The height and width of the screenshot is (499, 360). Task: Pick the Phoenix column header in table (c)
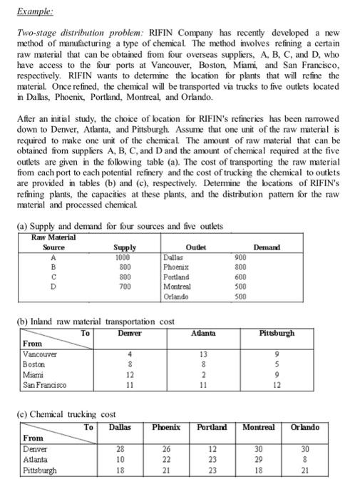pyautogui.click(x=166, y=427)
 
